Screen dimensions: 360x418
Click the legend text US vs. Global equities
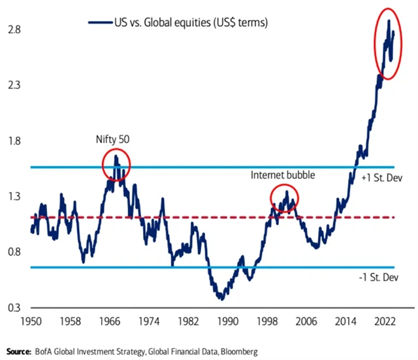pos(190,23)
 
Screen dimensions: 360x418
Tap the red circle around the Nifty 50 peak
pos(116,166)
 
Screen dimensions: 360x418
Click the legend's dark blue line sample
pos(99,23)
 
